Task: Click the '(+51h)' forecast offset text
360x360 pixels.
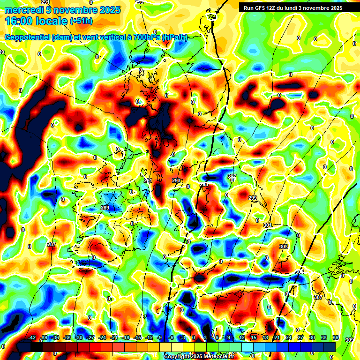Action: coord(81,21)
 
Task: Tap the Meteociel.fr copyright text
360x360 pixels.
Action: coord(199,357)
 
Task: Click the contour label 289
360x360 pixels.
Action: coord(105,208)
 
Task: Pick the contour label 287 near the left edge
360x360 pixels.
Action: coord(52,244)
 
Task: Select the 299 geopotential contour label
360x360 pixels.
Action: coord(253,198)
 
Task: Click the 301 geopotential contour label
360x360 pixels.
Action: coord(268,225)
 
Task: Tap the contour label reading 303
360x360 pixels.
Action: coord(283,246)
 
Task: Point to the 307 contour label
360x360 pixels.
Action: coord(318,297)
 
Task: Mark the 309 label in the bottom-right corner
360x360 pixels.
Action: coord(349,340)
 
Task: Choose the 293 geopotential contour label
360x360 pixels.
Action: coord(176,180)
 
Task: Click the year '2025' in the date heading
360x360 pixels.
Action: coord(108,10)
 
